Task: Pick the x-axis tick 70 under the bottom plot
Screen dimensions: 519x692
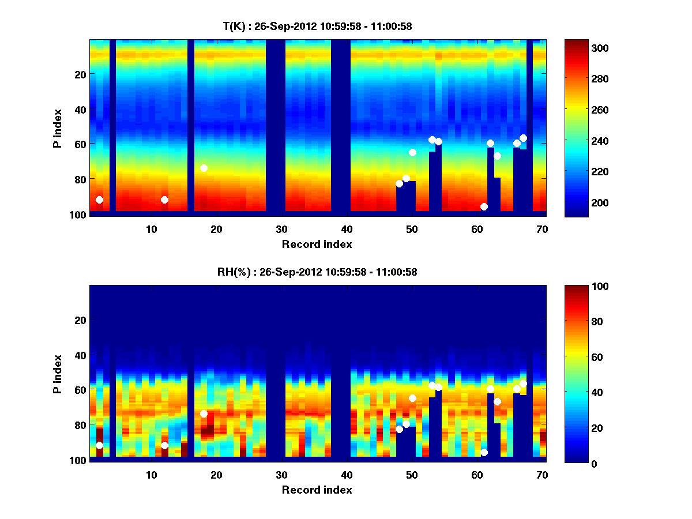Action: (542, 475)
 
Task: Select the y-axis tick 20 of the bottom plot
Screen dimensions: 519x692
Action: (80, 320)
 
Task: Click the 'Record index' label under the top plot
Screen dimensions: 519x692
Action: (317, 244)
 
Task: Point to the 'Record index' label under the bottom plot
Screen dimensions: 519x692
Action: (317, 490)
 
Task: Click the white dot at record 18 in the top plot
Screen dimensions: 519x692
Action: (204, 168)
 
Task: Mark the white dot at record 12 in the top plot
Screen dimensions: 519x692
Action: (164, 200)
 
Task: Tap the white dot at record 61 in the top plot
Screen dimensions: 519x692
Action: (484, 206)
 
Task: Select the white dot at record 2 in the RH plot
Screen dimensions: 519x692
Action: (99, 445)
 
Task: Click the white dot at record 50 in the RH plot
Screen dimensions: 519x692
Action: (412, 398)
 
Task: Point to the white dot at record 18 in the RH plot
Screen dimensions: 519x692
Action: (204, 413)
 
